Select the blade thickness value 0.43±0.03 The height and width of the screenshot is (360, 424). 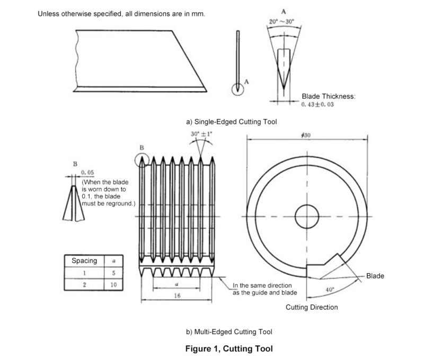[317, 105]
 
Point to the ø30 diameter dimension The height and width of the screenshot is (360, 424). [305, 135]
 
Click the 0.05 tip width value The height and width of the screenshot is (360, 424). [88, 173]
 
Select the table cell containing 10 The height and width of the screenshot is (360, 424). [113, 285]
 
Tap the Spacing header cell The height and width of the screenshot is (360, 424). [84, 260]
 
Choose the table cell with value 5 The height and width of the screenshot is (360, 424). [113, 273]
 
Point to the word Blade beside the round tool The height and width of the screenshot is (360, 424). [375, 276]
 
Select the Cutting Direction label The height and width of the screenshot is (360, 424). [312, 307]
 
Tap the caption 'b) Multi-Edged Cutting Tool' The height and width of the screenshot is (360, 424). [228, 332]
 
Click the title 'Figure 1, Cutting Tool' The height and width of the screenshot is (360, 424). [229, 349]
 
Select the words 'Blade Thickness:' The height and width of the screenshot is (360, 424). [328, 96]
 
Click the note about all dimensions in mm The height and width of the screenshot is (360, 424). [121, 14]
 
